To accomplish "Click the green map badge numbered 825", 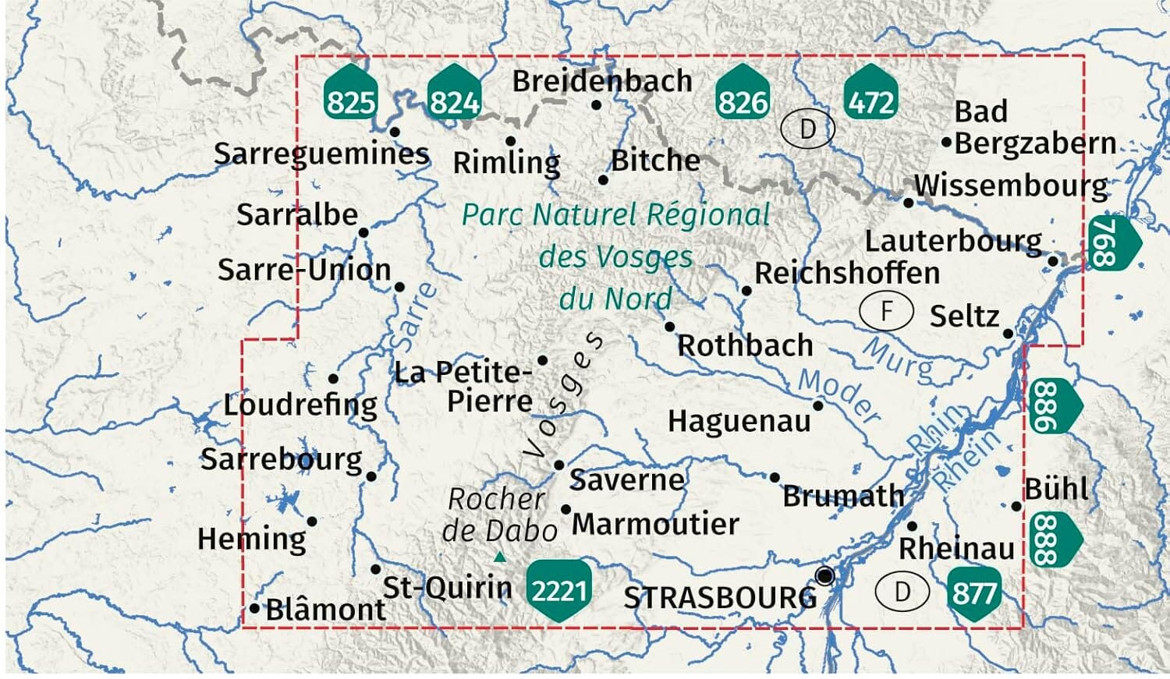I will click(350, 95).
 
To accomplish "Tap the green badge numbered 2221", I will click(558, 589).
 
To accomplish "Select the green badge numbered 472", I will click(870, 96).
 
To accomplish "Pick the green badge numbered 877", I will click(974, 592).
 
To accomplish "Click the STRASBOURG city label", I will click(720, 598).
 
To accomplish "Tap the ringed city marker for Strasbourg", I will click(824, 577).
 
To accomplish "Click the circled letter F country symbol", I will click(886, 310).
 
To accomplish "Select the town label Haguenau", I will click(739, 422).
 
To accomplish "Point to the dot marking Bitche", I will click(603, 180).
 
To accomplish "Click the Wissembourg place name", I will click(1011, 186).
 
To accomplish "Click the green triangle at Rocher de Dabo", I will click(500, 557).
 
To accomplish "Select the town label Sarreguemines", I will click(321, 154).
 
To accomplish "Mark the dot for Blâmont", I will click(255, 608).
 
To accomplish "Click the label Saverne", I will click(627, 479).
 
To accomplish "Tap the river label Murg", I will click(898, 359).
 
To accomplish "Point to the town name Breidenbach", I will click(602, 81).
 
